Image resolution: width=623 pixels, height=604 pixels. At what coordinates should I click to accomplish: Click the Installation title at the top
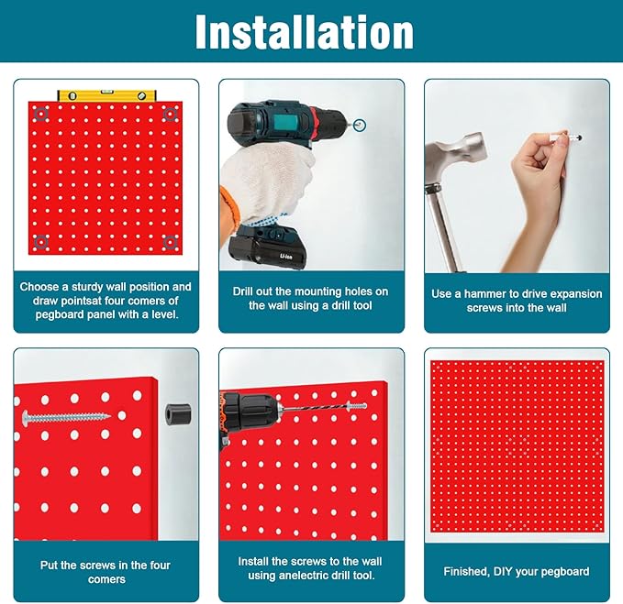click(305, 32)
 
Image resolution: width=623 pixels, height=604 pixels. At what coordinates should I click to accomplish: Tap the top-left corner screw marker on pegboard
click(39, 114)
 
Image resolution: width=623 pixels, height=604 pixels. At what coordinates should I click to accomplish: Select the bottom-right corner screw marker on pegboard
click(169, 242)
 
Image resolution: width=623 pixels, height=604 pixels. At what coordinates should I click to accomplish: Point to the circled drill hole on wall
click(360, 124)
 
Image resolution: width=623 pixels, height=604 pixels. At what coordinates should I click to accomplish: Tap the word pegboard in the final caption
click(561, 571)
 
